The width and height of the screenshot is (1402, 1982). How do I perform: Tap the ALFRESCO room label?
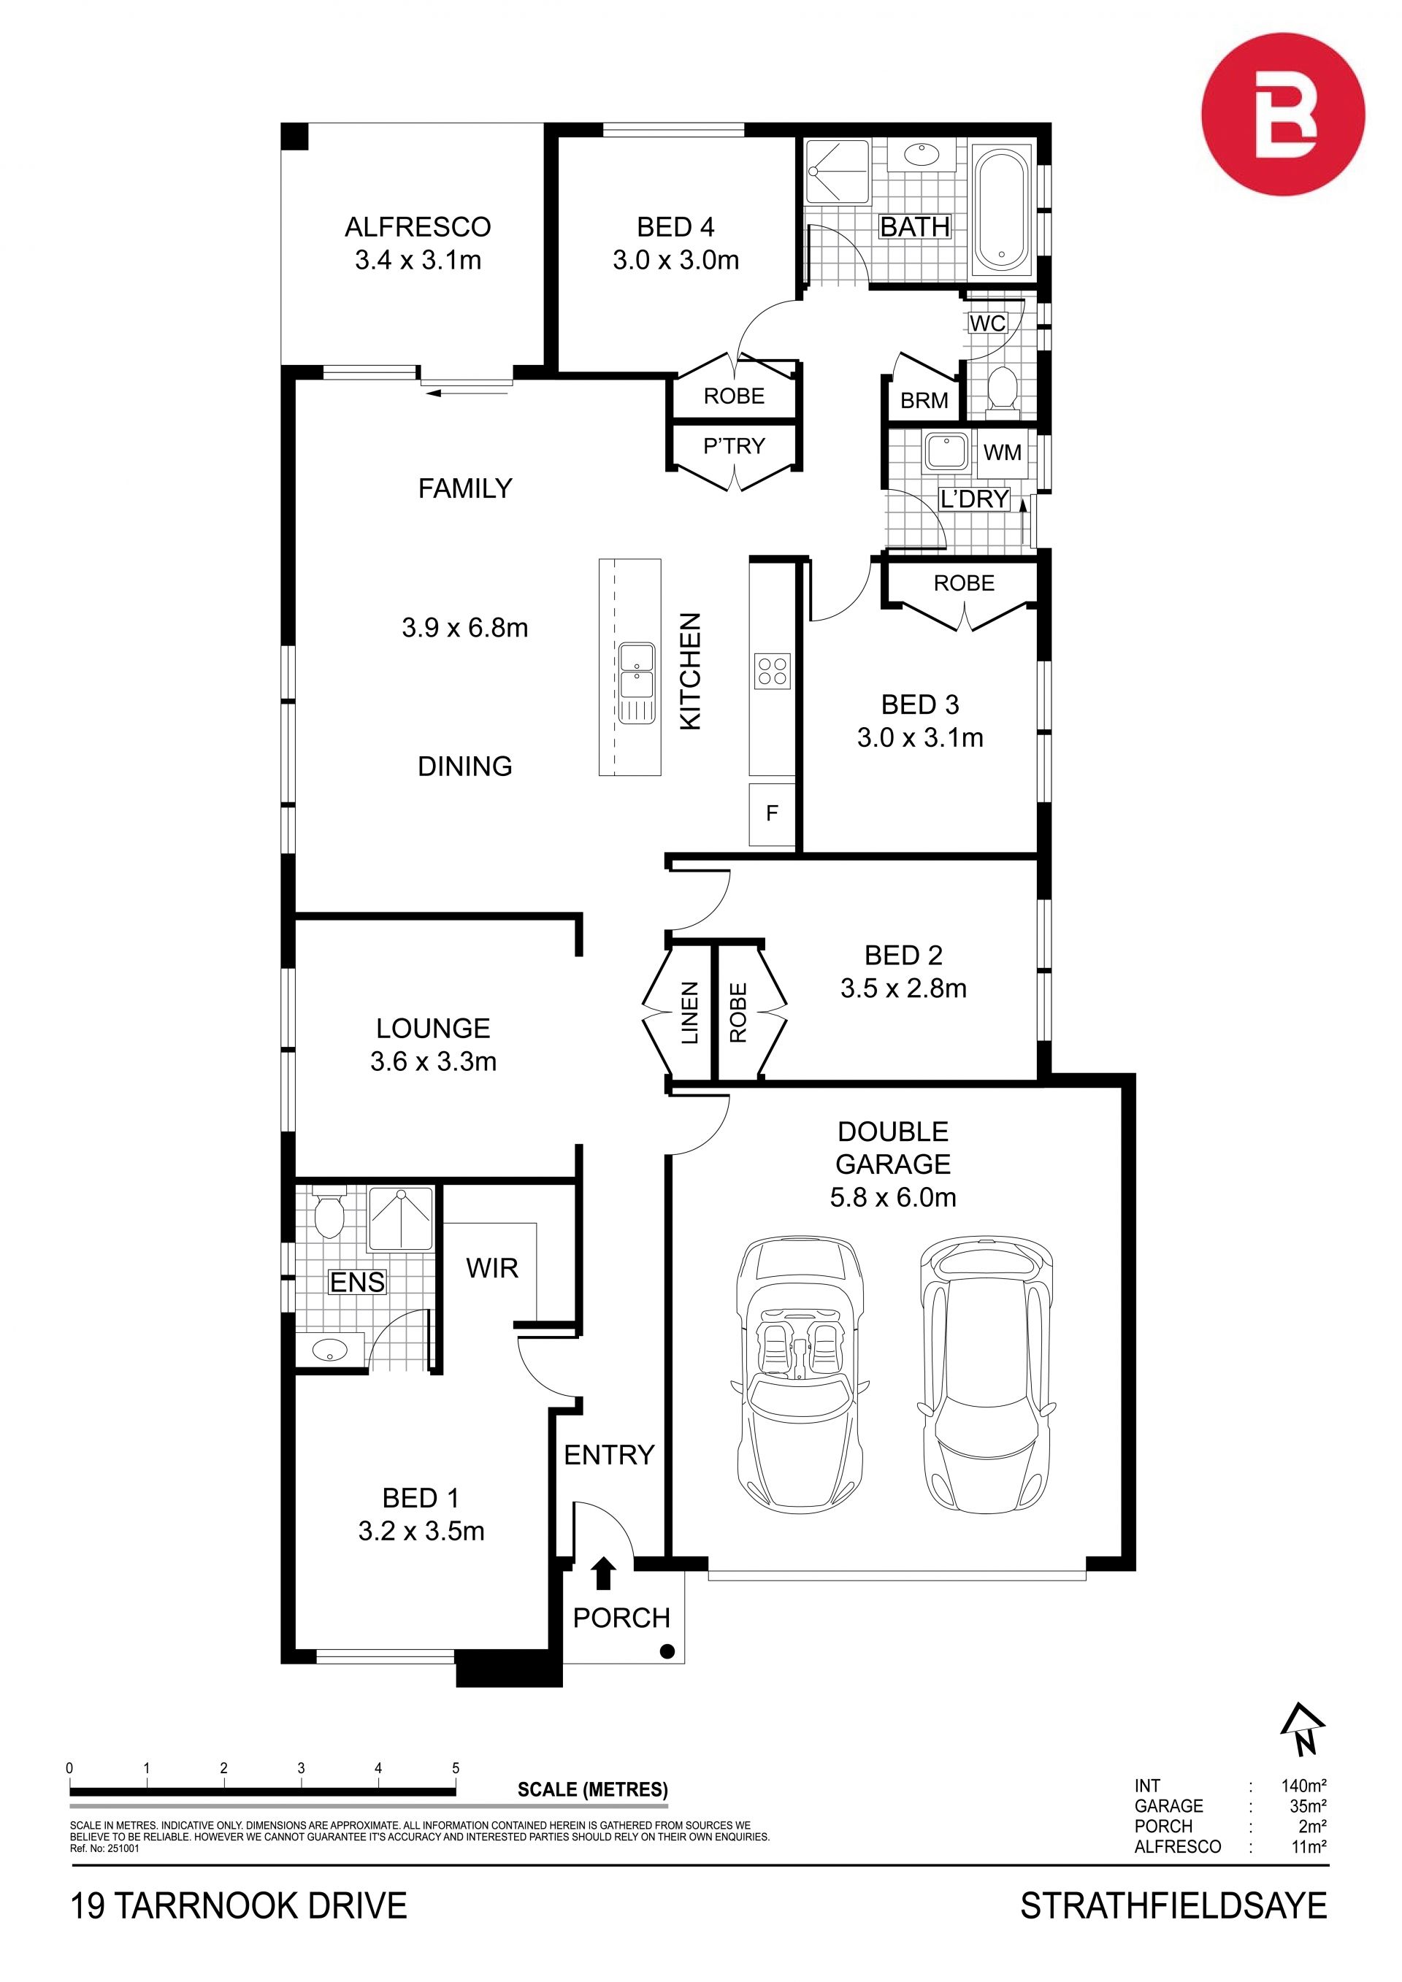pyautogui.click(x=418, y=227)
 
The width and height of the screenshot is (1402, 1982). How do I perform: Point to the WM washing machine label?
pyautogui.click(x=1003, y=453)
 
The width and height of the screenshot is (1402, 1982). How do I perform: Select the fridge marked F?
pyautogui.click(x=772, y=813)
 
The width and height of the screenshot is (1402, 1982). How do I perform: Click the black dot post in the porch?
pyautogui.click(x=667, y=1651)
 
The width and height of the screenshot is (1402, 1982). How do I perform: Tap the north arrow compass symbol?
pyautogui.click(x=1302, y=1729)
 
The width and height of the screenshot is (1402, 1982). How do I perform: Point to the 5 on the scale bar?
pyautogui.click(x=456, y=1768)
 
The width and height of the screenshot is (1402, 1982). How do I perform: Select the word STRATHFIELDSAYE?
pyautogui.click(x=1174, y=1905)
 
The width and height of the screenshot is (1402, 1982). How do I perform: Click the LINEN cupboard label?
pyautogui.click(x=690, y=1013)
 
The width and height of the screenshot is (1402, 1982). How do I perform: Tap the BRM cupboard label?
pyautogui.click(x=924, y=401)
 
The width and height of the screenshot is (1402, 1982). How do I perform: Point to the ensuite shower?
pyautogui.click(x=399, y=1218)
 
